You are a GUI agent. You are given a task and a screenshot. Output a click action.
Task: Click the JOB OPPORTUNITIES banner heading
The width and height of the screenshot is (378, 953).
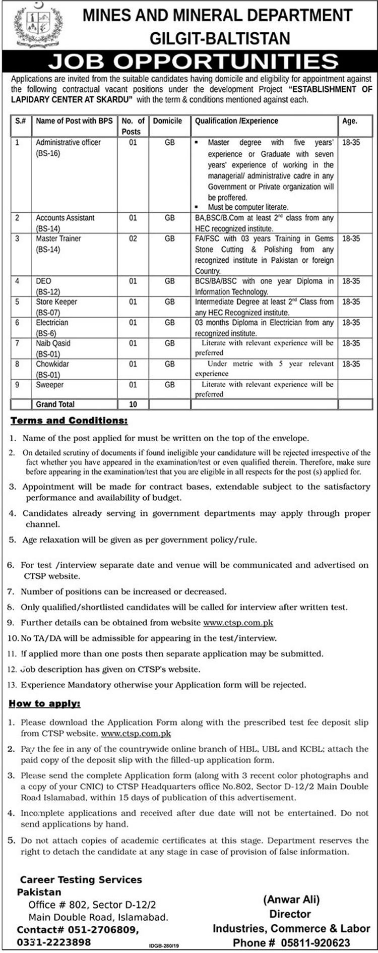coord(194,62)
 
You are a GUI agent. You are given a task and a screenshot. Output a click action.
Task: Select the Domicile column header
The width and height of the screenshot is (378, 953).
coord(167,121)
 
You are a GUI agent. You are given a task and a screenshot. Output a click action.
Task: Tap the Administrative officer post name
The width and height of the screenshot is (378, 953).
coord(68,143)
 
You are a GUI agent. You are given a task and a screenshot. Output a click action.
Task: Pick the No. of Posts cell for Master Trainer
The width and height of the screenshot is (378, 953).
coord(133,239)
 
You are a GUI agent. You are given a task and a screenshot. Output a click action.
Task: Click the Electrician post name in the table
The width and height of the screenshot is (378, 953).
coord(52,323)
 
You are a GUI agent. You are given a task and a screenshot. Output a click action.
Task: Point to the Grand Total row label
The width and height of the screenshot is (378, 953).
coord(55,404)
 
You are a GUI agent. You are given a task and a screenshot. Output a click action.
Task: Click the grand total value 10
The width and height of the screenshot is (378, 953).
coord(133,404)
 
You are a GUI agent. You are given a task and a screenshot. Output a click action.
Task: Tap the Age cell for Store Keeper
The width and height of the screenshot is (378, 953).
coord(351,302)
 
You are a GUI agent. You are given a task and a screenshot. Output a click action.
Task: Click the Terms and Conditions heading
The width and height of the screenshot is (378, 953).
coord(69,421)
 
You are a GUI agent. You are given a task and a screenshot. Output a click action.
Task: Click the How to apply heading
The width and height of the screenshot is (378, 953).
coord(44,703)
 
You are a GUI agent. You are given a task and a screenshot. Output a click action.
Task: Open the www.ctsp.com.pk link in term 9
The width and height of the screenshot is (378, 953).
coord(238,623)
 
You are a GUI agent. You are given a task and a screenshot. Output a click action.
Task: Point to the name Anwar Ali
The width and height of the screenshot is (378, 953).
coord(291,899)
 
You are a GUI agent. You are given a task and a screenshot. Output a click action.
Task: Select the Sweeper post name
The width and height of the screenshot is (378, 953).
coord(49,385)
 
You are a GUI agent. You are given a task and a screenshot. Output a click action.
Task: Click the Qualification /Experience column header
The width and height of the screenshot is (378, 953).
coord(236,121)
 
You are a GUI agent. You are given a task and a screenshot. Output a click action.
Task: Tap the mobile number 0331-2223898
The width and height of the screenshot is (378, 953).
coord(54,942)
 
